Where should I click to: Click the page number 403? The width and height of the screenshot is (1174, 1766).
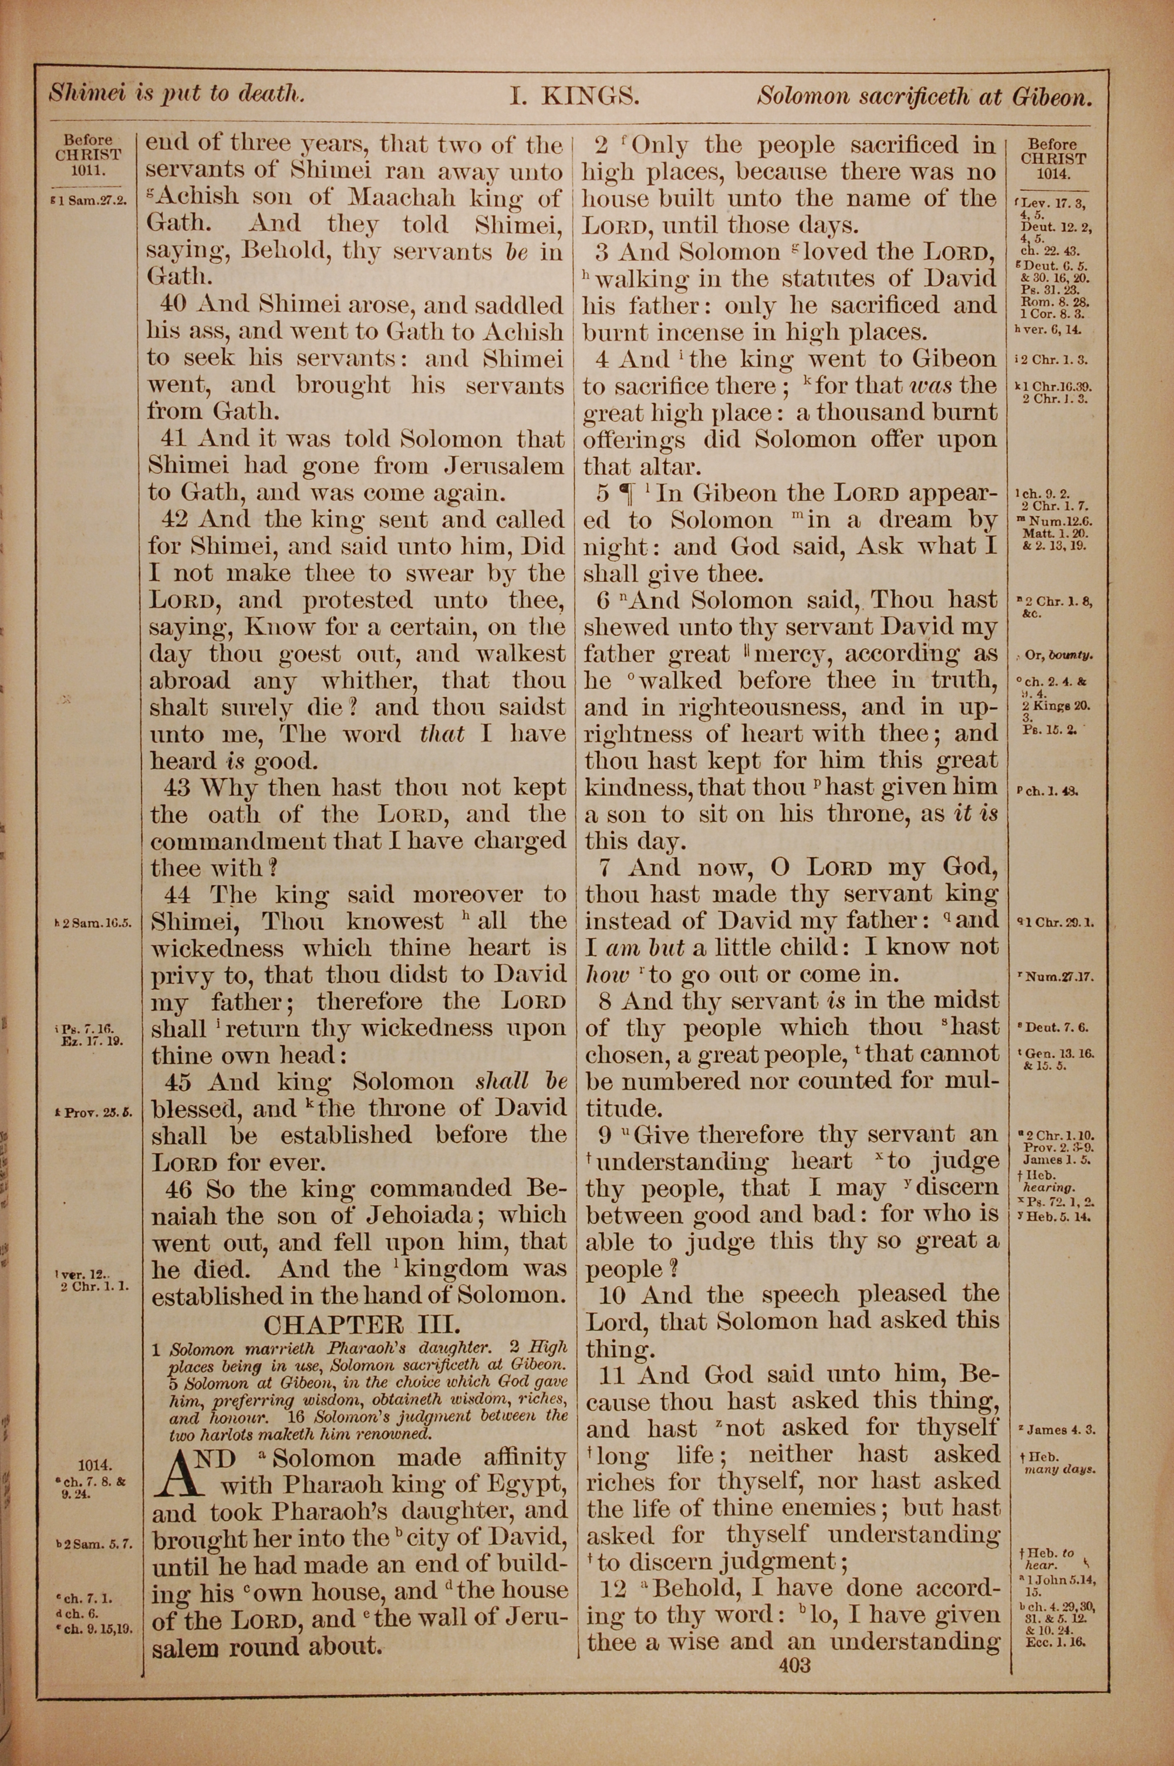[x=794, y=1665]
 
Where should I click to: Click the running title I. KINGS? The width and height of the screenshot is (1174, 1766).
[x=574, y=96]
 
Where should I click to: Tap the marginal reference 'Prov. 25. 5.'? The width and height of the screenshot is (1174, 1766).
[x=93, y=1112]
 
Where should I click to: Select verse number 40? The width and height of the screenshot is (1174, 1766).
[x=177, y=305]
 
